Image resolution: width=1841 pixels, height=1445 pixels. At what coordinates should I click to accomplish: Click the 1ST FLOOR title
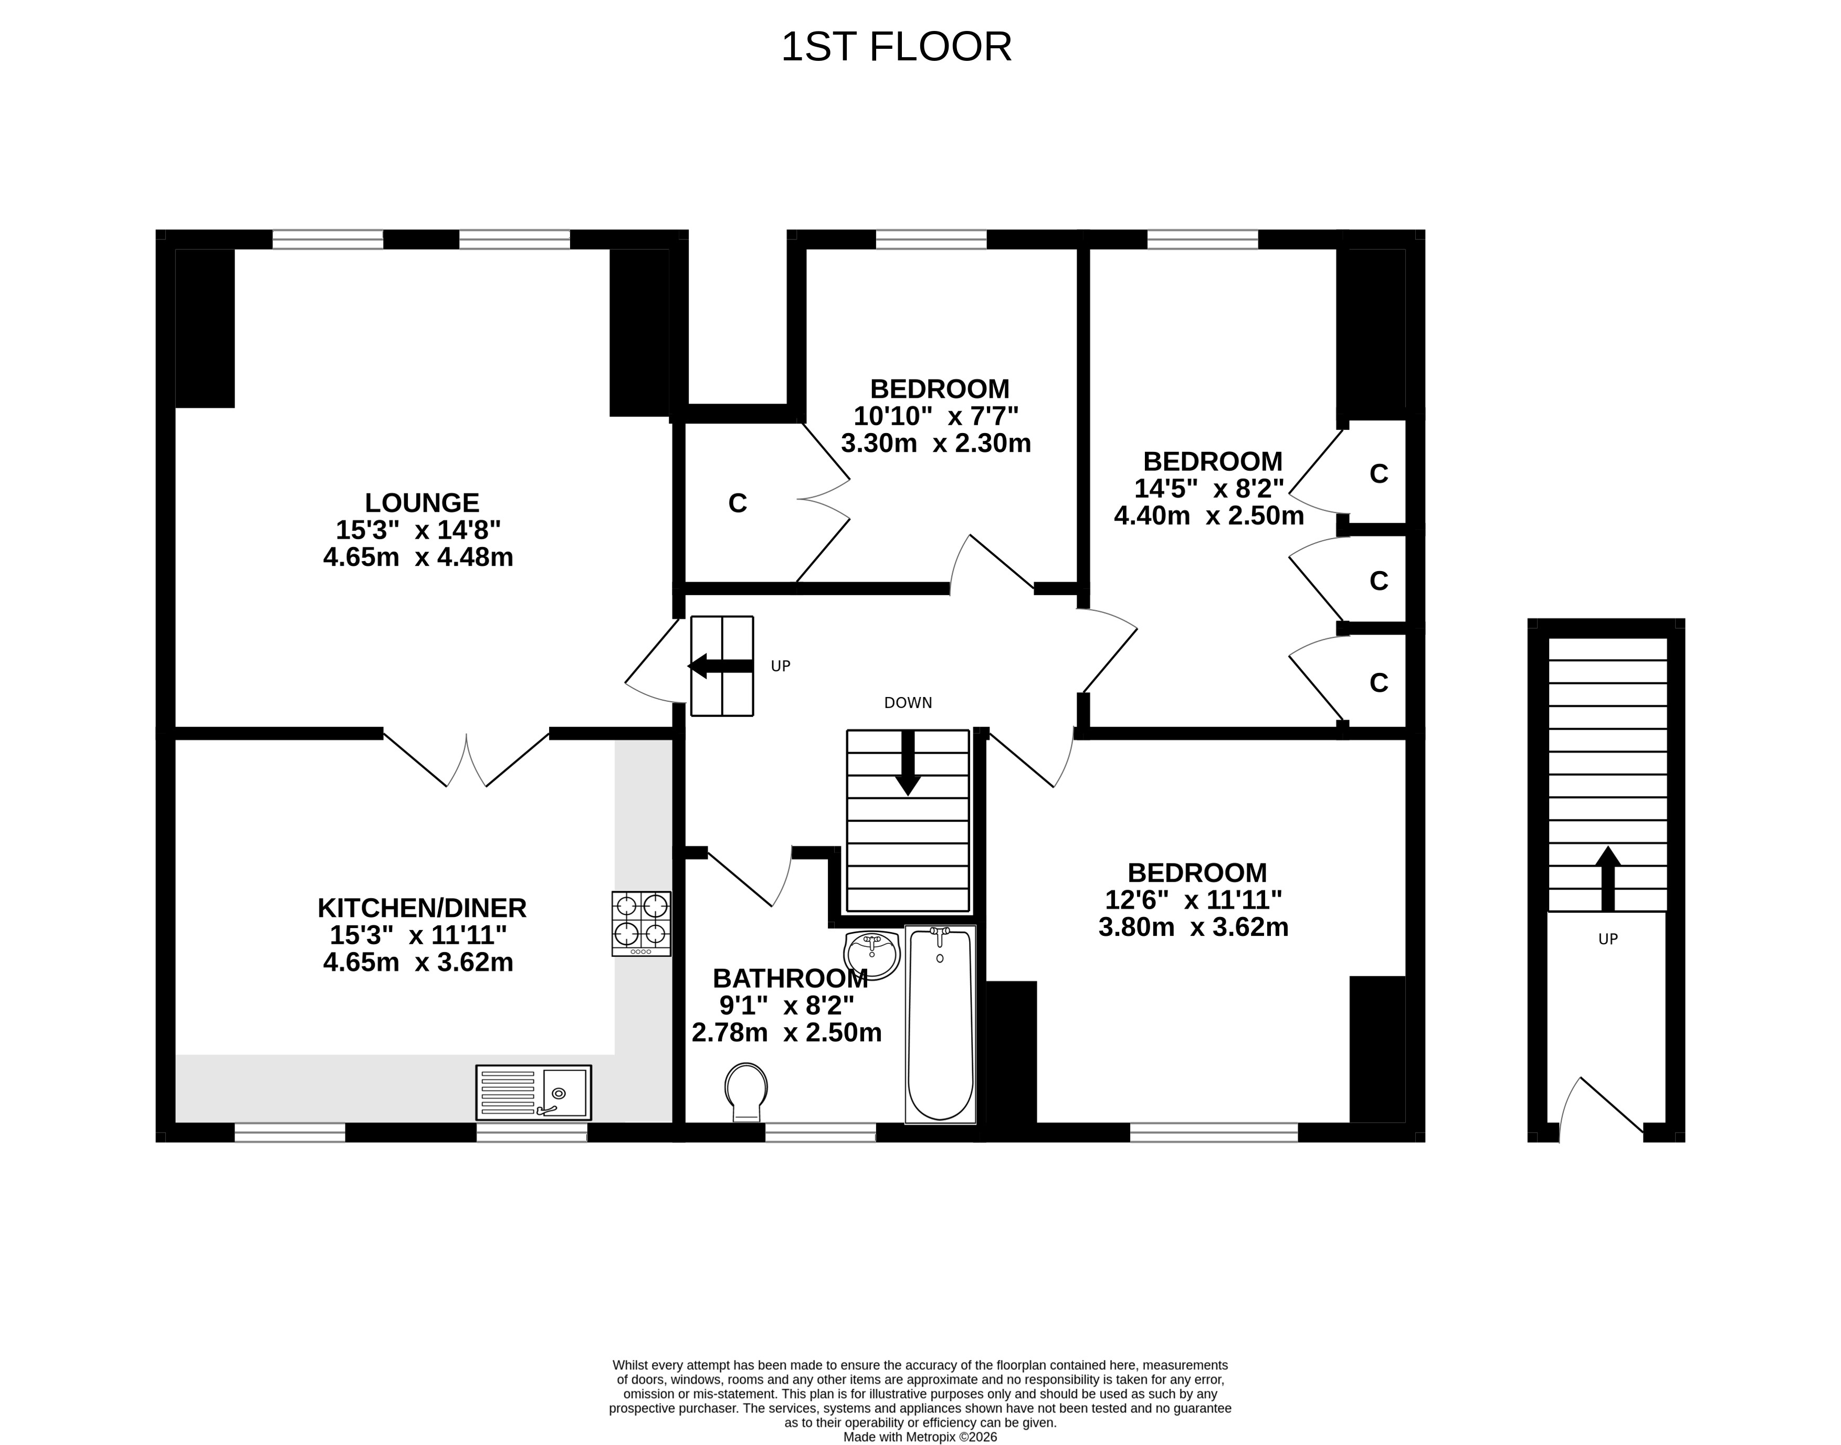[x=896, y=47]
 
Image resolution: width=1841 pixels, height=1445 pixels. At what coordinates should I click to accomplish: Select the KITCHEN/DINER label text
[x=422, y=908]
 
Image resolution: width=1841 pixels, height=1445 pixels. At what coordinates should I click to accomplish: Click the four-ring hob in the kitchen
[x=641, y=924]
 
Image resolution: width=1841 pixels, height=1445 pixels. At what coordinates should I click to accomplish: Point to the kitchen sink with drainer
[x=534, y=1092]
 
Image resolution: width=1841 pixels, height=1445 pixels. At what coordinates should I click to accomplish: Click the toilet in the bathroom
[x=746, y=1093]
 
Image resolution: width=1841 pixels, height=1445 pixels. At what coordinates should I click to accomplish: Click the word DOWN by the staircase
[x=908, y=703]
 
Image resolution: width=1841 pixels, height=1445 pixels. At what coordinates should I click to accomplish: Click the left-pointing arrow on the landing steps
[x=720, y=666]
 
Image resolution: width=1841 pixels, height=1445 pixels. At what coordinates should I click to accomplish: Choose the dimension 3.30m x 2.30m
[x=936, y=444]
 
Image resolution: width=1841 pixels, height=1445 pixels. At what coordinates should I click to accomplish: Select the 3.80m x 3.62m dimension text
[x=1193, y=927]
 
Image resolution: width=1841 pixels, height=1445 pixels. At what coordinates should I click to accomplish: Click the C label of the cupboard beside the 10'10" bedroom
[x=738, y=503]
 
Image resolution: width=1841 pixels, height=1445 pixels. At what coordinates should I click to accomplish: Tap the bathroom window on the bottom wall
[x=820, y=1132]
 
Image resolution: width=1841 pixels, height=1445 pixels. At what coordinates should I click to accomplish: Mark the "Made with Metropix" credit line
[x=921, y=1437]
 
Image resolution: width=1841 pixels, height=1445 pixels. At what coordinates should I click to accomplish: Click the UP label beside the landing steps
[x=781, y=667]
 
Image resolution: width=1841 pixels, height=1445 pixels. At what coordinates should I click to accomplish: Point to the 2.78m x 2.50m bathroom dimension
[x=787, y=1033]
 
